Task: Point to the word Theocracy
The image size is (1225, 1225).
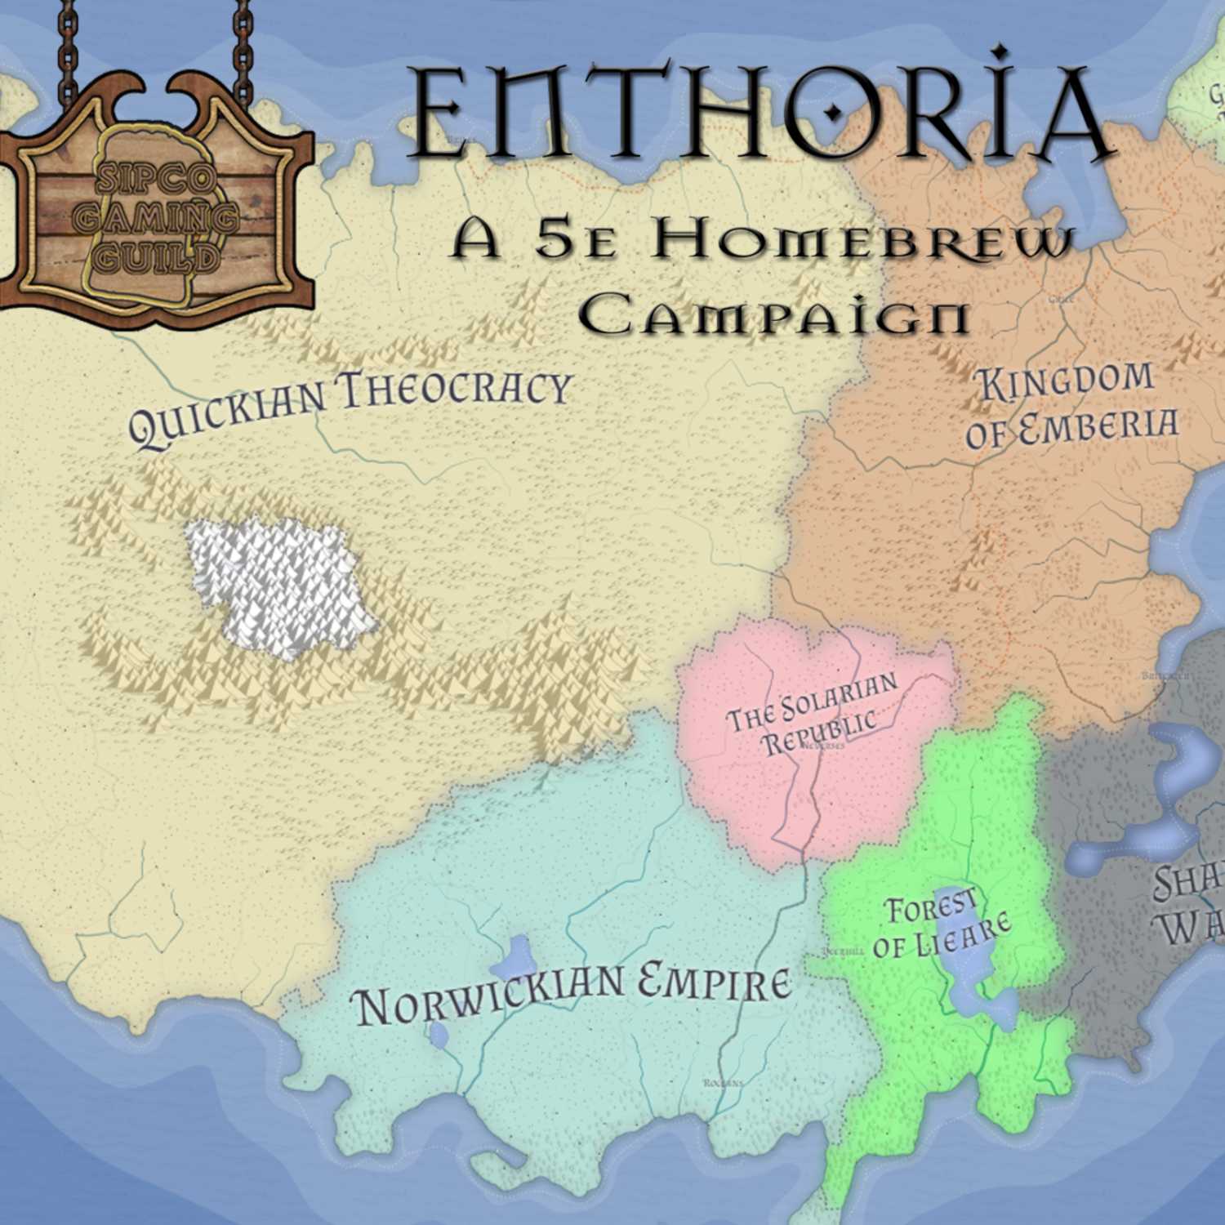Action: tap(455, 386)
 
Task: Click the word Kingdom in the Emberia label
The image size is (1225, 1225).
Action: tap(1067, 381)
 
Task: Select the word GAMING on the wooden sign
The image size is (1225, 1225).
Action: tap(158, 219)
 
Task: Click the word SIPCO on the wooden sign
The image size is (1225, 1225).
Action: tap(155, 180)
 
